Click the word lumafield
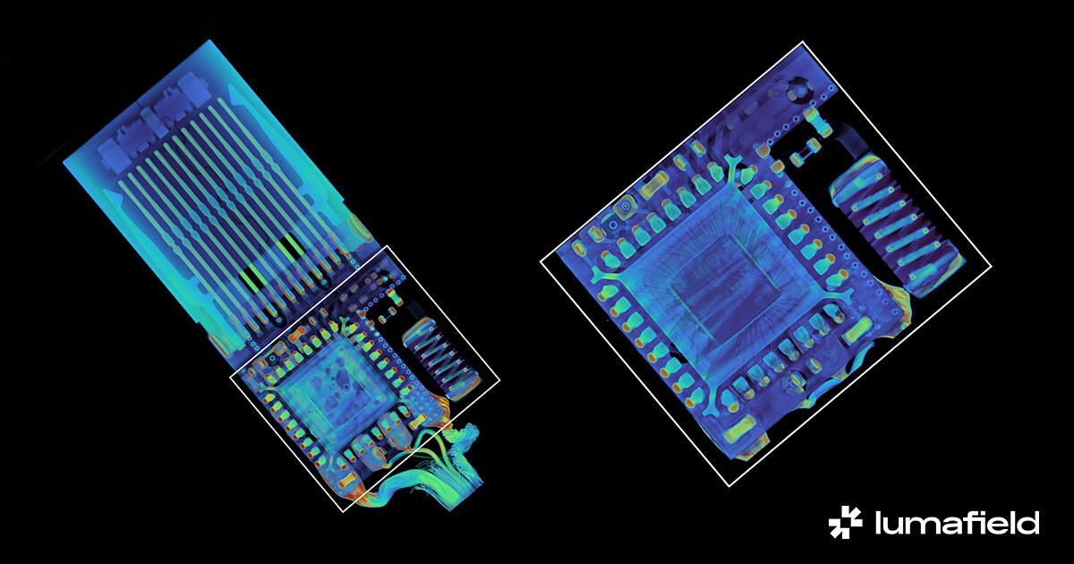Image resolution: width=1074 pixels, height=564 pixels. (957, 523)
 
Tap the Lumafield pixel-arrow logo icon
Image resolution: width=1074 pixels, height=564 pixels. (845, 522)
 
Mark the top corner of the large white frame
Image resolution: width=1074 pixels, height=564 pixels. (803, 42)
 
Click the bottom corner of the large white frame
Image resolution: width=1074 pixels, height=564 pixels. (729, 486)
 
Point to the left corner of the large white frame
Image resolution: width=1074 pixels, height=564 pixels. (541, 261)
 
